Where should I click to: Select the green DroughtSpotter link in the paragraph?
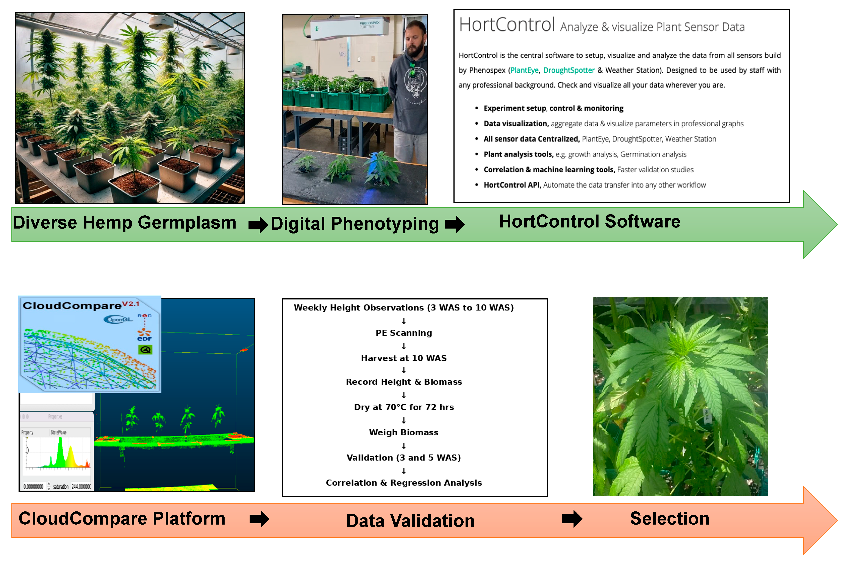(x=568, y=70)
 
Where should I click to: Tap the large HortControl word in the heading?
(x=506, y=25)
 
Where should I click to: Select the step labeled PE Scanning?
(x=403, y=333)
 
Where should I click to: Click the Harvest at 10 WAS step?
(x=403, y=358)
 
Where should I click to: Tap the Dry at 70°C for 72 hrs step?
(x=403, y=407)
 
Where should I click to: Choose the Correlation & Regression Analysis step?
(x=403, y=483)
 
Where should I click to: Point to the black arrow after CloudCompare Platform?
(x=259, y=519)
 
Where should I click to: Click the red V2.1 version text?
(x=131, y=304)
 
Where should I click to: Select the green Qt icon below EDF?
(x=145, y=349)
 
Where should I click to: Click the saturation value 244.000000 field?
(x=81, y=487)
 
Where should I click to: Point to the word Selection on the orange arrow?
(x=669, y=519)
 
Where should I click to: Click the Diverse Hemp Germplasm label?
(x=124, y=223)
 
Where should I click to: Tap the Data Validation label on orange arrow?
(x=410, y=520)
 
